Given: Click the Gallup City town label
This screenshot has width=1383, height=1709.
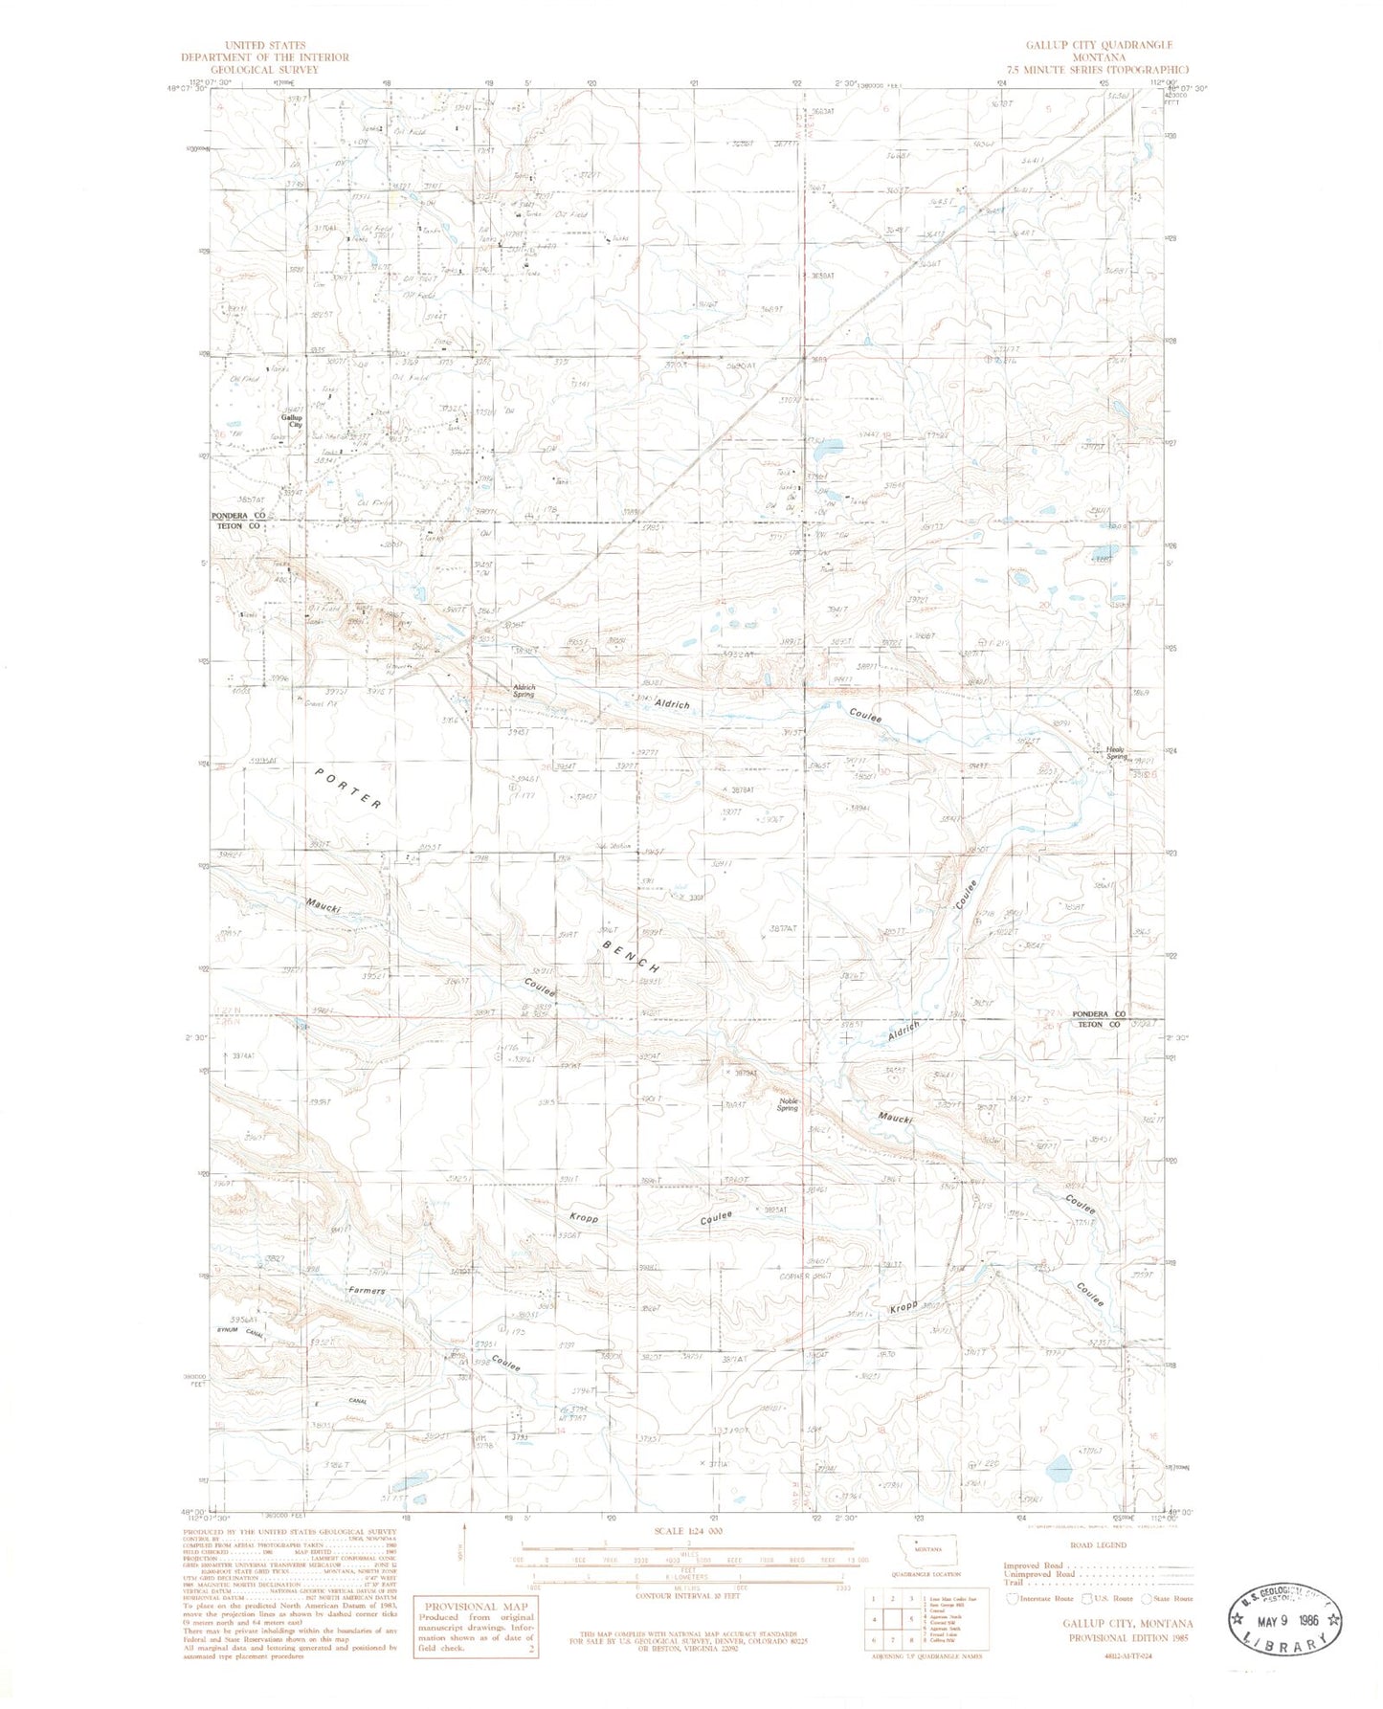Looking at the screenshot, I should [291, 421].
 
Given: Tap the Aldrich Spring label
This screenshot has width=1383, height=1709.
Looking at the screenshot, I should [524, 690].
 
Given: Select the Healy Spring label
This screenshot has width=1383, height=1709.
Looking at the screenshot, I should [1117, 753].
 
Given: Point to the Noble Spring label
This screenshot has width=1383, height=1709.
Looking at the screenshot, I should [788, 1104].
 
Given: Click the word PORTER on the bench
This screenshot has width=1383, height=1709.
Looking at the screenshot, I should [348, 788].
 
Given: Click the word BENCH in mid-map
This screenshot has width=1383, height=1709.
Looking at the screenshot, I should [632, 956].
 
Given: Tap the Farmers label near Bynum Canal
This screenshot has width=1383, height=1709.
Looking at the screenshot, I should [367, 1291].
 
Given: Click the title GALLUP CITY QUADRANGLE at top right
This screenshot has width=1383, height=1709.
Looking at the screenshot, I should [1099, 45].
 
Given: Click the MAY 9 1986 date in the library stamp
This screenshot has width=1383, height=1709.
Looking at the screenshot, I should [1286, 1621].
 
